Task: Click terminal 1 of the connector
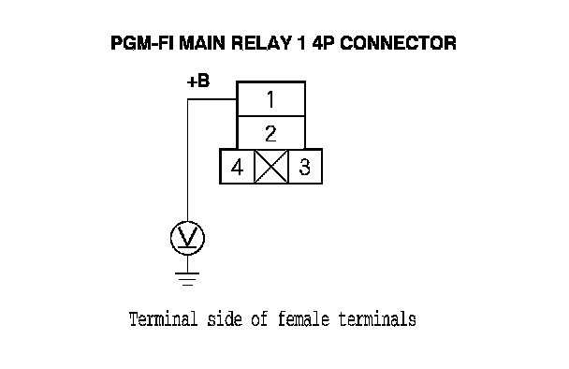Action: click(270, 98)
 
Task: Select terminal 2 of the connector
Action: click(270, 133)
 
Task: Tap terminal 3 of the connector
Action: click(305, 167)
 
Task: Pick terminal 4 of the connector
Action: click(237, 167)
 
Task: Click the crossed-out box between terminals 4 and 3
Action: click(271, 167)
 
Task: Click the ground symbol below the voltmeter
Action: click(187, 279)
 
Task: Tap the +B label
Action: click(198, 81)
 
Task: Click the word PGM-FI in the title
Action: click(142, 43)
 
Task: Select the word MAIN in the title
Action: click(202, 43)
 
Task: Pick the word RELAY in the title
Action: click(261, 43)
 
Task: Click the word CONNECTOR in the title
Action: click(398, 43)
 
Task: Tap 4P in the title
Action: click(324, 43)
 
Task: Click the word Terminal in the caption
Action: click(163, 319)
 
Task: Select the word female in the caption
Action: click(304, 319)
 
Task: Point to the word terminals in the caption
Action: click(377, 319)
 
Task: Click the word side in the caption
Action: click(225, 319)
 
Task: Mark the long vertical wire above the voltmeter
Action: click(187, 160)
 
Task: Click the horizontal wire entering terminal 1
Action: click(212, 99)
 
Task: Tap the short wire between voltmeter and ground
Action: click(187, 264)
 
